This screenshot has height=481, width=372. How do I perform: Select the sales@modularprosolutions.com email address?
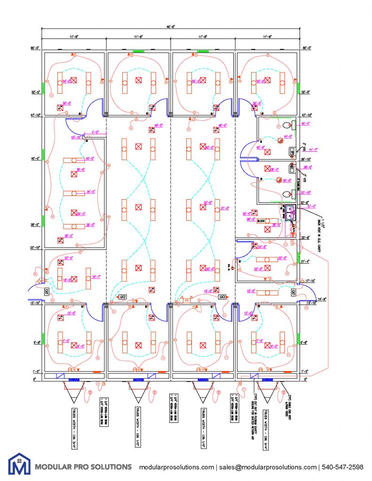[x=266, y=467]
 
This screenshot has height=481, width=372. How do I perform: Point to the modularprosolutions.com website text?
[x=176, y=467]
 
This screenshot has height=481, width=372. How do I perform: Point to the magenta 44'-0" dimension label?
[x=287, y=136]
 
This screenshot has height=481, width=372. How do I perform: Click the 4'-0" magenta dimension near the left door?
[x=96, y=132]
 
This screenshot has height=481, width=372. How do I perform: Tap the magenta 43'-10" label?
[x=76, y=137]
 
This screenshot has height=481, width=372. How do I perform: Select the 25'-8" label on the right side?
[x=306, y=238]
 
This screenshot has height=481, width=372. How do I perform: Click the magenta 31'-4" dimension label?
[x=311, y=206]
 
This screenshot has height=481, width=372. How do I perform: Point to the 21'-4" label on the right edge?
[x=306, y=261]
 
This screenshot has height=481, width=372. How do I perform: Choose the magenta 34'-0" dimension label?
[x=91, y=192]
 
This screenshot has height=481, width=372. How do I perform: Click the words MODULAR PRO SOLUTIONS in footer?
[x=84, y=467]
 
